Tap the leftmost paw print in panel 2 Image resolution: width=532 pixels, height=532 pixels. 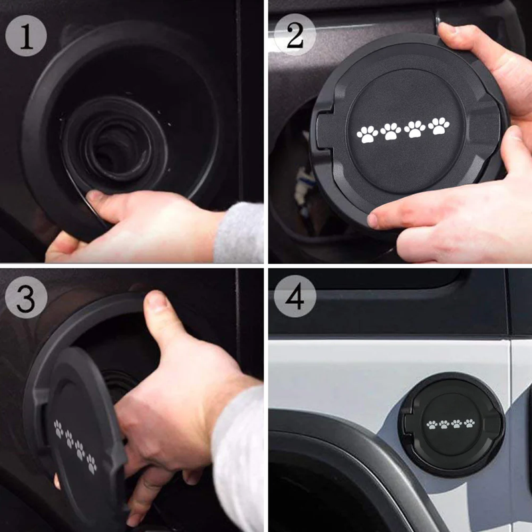coord(367,134)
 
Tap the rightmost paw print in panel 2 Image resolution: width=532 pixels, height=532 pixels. coord(438,125)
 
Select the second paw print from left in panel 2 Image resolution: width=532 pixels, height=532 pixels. coord(391,131)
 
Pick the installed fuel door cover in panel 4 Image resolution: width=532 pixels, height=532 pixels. coord(452,424)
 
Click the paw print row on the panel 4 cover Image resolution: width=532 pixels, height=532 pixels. coord(451,424)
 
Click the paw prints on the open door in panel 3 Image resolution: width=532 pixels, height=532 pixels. coord(74,446)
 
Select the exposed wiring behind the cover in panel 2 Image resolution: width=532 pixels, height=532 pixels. coord(303,183)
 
